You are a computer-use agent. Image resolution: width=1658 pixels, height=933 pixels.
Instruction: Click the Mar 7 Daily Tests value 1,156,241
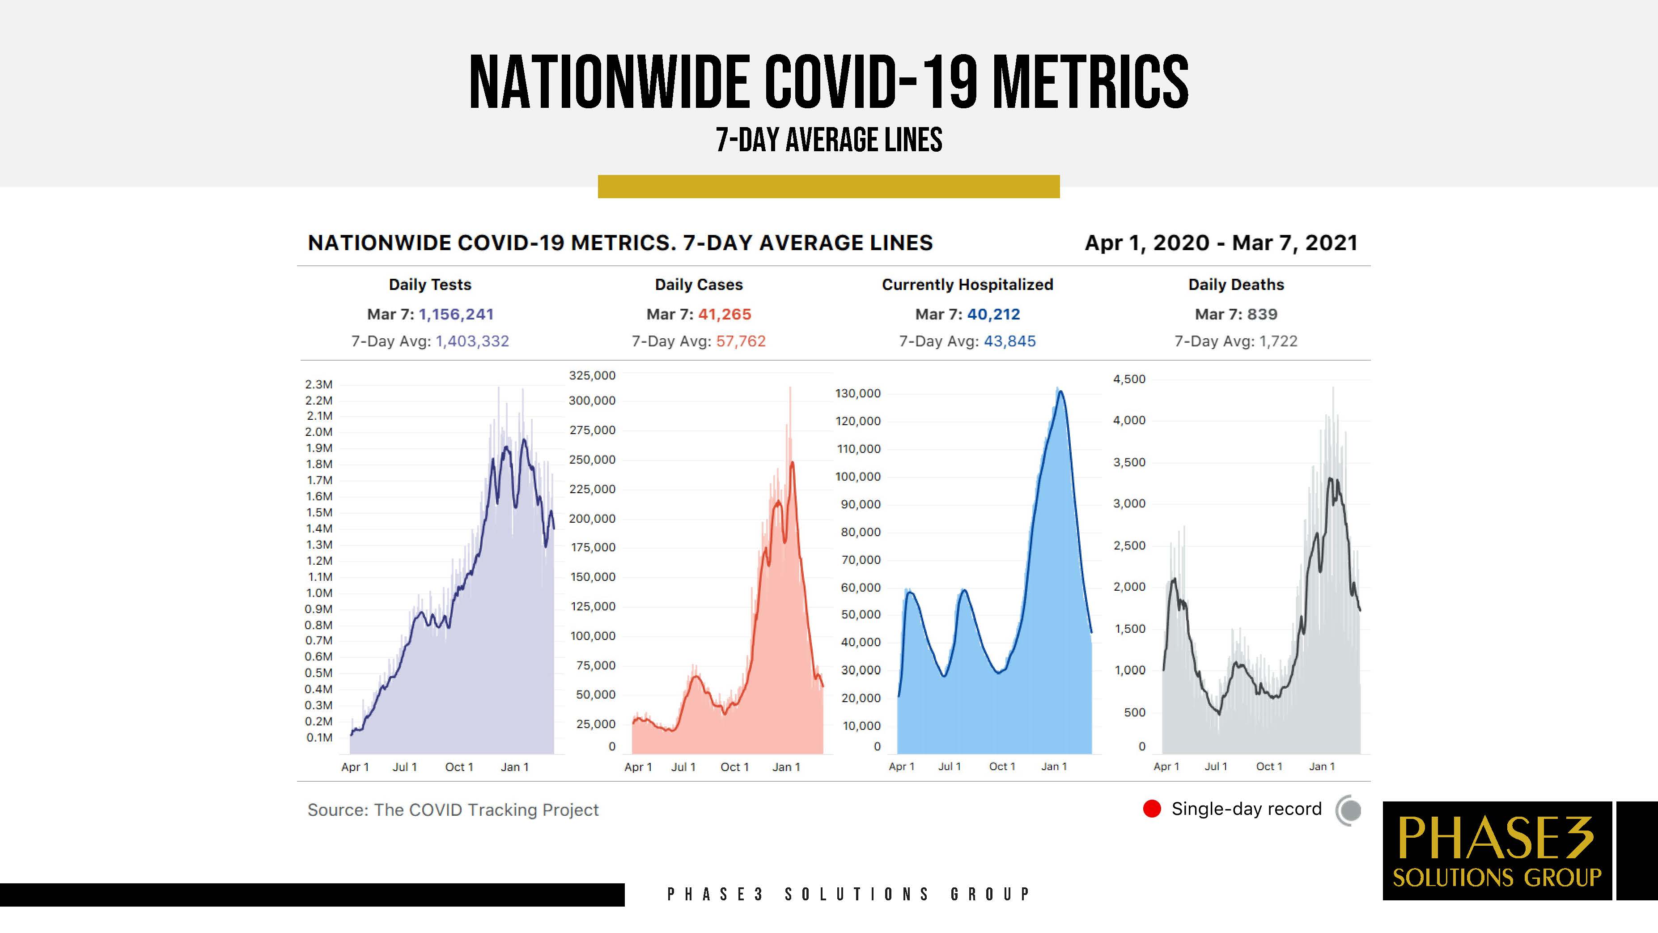click(456, 314)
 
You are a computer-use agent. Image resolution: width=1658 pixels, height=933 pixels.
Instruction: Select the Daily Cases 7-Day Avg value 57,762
click(741, 341)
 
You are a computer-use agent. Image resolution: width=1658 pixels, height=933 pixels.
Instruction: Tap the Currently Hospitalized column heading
click(967, 285)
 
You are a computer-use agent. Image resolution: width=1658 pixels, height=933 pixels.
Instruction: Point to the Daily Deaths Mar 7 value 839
click(1262, 314)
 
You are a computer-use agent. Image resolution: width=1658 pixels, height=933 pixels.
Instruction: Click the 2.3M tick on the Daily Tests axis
click(318, 384)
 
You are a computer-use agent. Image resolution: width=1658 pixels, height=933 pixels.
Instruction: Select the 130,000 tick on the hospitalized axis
click(858, 393)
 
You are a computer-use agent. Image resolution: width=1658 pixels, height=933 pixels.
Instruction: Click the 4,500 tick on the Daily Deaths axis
click(1130, 379)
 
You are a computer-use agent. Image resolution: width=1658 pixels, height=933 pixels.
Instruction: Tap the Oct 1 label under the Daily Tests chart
click(459, 767)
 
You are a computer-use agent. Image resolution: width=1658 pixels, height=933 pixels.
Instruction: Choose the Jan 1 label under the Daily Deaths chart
click(1322, 766)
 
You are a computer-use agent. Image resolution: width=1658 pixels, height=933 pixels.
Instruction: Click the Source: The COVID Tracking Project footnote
click(453, 810)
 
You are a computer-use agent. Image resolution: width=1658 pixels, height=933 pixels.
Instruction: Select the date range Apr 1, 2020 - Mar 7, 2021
click(1221, 243)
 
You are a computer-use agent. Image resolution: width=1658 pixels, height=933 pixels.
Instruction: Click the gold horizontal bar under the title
click(828, 187)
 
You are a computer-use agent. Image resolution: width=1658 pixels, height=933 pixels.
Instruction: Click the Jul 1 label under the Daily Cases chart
click(683, 767)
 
